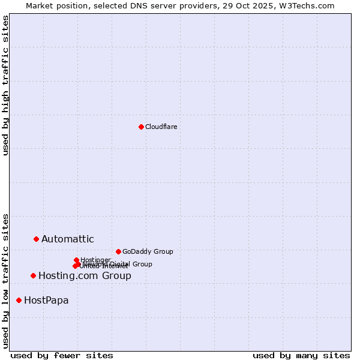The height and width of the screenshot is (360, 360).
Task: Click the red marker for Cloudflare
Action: coord(141,127)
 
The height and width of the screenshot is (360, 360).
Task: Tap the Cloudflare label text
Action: coord(161,127)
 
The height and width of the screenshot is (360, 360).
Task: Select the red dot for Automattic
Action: coord(36,239)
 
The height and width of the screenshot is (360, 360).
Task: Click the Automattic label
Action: coord(67,239)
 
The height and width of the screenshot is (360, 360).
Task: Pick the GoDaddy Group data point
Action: coord(118,251)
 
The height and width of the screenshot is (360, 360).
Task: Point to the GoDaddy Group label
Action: coord(148,251)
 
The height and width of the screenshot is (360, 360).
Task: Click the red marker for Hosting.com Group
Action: coord(33,275)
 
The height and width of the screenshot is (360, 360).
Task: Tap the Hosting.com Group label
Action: coord(85,276)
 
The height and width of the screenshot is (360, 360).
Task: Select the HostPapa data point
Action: coord(19,300)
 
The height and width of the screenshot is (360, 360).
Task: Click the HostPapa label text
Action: coord(46,301)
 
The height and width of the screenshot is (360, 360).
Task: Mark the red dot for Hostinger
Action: coord(76,260)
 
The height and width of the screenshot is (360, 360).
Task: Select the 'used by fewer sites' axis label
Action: coord(62,355)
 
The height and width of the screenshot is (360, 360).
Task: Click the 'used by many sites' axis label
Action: coord(301,355)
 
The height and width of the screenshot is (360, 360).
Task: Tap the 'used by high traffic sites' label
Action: coord(5,85)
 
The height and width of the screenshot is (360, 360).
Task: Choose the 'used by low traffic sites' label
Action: coord(5,280)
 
